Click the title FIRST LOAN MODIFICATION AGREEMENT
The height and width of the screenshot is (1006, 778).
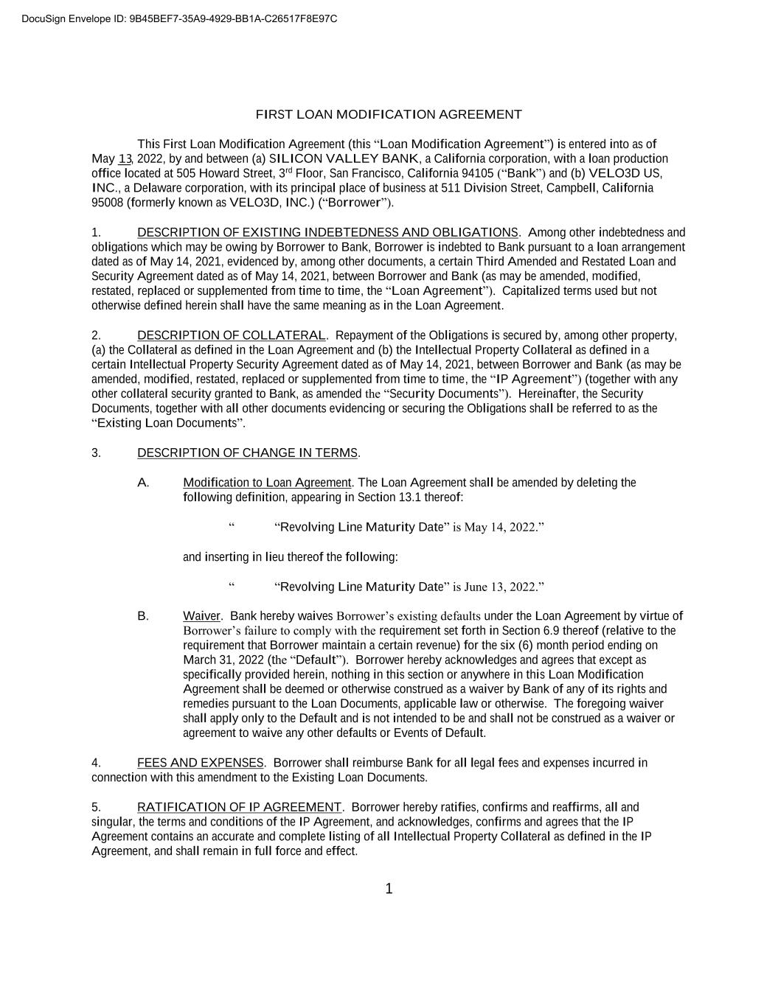389,114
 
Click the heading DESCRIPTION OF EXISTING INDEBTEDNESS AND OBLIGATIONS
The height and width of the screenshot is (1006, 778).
327,233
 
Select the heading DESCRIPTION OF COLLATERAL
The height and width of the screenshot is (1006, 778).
231,336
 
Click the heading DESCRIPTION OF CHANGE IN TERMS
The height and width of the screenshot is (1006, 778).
247,453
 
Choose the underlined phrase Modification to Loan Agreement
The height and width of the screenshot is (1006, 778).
267,483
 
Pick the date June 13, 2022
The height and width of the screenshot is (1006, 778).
500,587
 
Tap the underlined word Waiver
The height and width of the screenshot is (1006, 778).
201,616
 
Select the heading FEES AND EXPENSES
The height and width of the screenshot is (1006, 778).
200,763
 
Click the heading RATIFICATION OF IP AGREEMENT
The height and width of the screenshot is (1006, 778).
239,807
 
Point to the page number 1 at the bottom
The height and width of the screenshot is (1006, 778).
389,890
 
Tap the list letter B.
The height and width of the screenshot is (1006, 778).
143,616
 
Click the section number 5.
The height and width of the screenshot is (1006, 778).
96,807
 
